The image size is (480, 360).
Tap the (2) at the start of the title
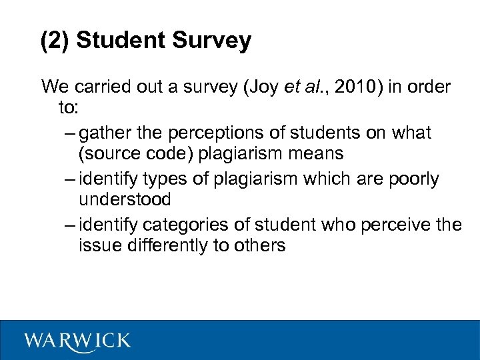click(x=55, y=41)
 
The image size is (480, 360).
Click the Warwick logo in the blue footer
click(x=77, y=341)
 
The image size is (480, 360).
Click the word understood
click(x=125, y=199)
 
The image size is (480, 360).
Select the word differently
click(x=157, y=245)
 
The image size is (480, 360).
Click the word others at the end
click(x=259, y=245)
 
